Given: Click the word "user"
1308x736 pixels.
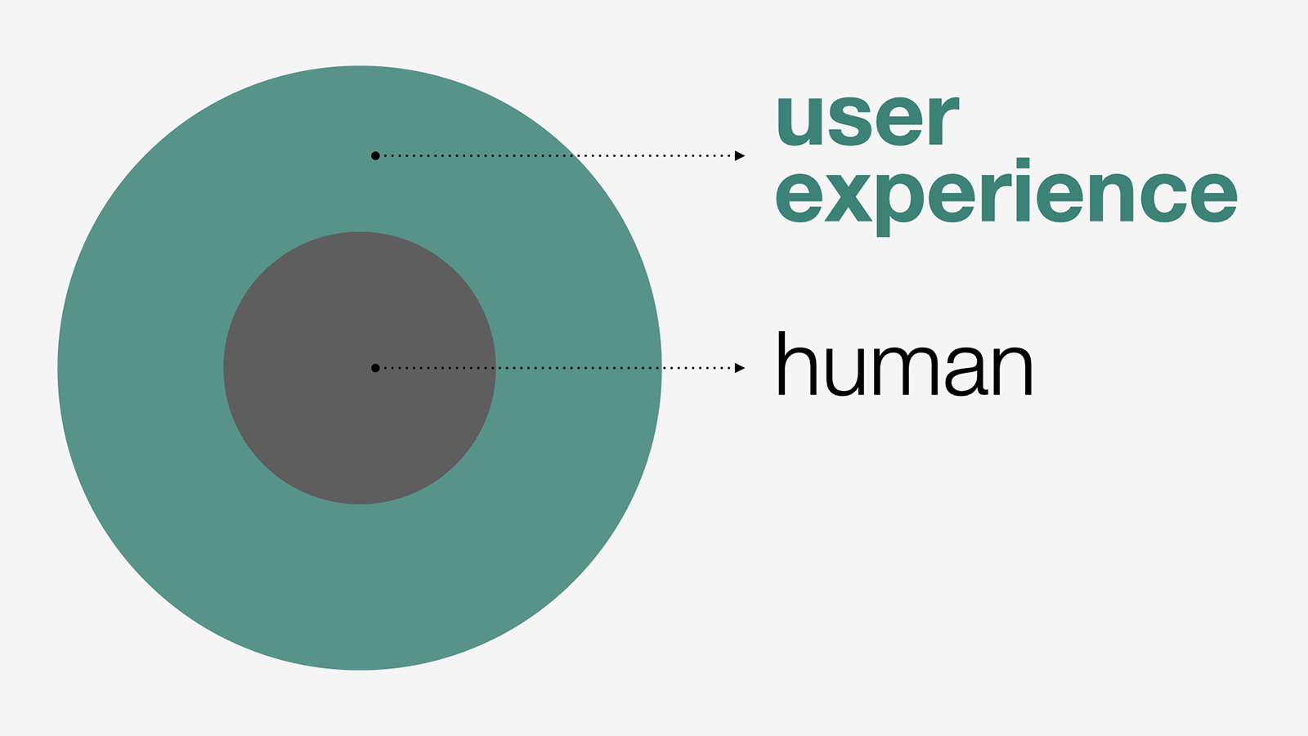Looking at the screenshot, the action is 867,119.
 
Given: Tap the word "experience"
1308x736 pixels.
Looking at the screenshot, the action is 1006,197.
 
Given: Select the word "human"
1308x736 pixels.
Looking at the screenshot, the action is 904,363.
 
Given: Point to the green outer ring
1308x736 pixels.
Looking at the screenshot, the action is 360,584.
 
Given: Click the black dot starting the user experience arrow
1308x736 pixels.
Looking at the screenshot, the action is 375,155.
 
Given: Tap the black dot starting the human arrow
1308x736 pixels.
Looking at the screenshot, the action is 375,368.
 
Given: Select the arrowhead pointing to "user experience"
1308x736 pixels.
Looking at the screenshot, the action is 740,155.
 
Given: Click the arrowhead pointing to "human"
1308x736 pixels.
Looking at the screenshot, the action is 740,368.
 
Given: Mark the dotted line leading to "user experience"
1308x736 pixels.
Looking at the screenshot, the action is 558,155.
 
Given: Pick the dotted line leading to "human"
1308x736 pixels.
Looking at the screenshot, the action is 558,368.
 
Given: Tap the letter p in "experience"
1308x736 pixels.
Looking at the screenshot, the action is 903,204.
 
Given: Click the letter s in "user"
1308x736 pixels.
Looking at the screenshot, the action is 853,120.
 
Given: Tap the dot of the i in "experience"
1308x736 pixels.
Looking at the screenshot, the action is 1023,164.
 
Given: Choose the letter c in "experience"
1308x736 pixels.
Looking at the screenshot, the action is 1164,197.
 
